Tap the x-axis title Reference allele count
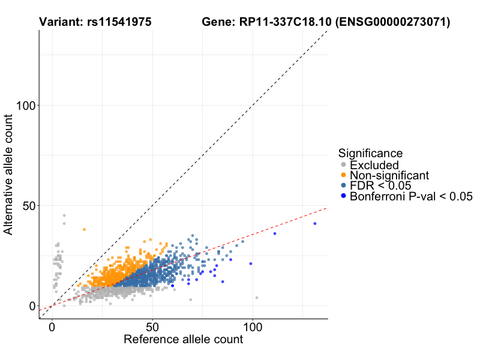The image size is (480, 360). (183, 340)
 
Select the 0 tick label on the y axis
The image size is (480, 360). (31, 306)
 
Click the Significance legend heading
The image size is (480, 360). (370, 153)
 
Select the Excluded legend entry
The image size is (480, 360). (374, 165)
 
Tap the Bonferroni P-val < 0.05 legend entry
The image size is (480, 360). (411, 196)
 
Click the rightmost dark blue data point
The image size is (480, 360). (315, 224)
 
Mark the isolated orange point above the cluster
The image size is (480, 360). (84, 230)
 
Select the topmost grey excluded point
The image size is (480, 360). (64, 215)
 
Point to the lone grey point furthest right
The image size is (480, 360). (257, 298)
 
